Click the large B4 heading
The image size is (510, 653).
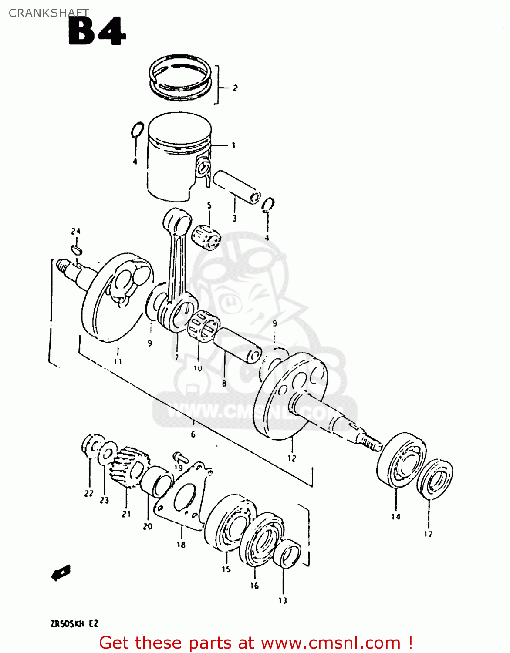click(97, 32)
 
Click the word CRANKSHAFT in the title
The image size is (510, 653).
click(49, 13)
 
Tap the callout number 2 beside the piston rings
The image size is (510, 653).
click(235, 88)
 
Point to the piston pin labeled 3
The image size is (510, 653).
click(236, 186)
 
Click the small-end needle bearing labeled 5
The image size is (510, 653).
click(206, 236)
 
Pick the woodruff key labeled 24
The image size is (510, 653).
click(76, 250)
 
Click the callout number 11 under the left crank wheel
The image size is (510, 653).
click(118, 361)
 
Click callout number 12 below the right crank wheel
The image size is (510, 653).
click(292, 458)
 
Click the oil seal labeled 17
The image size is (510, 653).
click(435, 478)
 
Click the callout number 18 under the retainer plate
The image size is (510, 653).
click(181, 545)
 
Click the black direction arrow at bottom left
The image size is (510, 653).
click(61, 572)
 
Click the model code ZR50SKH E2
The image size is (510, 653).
click(74, 624)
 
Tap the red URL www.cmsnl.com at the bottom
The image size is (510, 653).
click(331, 643)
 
